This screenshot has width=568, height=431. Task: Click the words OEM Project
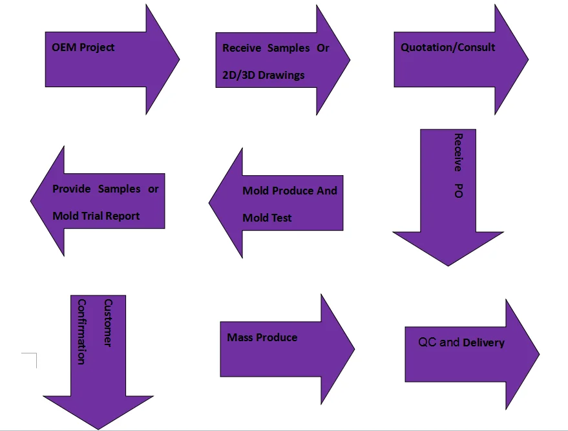tap(83, 47)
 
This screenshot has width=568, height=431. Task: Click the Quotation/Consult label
tap(448, 47)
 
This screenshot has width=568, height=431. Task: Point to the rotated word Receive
tap(458, 152)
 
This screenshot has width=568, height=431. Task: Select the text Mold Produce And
tap(289, 191)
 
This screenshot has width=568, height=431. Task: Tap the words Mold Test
tap(267, 218)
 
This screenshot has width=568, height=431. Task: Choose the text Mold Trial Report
tap(96, 216)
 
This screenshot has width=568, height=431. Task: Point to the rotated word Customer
tap(108, 323)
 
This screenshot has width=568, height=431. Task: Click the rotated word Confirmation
tap(81, 331)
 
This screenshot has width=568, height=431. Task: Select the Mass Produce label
tap(262, 337)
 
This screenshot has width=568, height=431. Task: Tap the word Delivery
tap(483, 342)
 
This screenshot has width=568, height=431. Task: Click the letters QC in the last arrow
tap(427, 342)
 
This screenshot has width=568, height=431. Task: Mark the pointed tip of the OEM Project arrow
tap(178, 59)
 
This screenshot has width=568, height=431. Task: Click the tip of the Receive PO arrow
tap(448, 265)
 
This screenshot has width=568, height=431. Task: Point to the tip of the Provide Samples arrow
tap(32, 200)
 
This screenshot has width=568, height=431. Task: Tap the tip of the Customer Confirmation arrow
tap(98, 428)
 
